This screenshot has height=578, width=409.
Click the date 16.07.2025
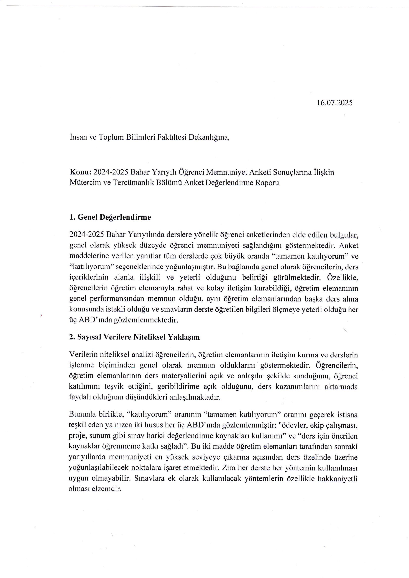(335, 103)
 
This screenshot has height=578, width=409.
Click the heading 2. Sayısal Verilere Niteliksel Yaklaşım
(134, 337)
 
